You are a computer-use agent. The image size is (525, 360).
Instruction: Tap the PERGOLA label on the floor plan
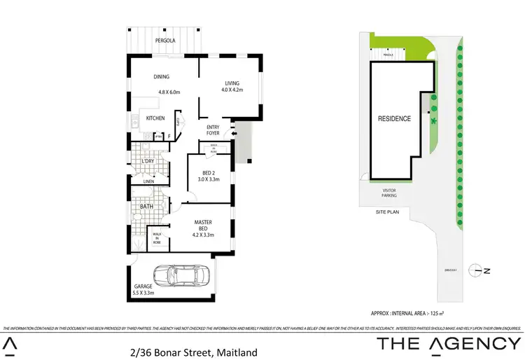coord(165,41)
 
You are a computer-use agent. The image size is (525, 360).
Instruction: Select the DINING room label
coord(162,77)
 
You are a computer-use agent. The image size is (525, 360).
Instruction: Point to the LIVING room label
coord(232,82)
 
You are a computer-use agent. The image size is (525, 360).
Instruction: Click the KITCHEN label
coord(155,118)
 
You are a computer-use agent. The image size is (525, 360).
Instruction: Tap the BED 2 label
coord(209,172)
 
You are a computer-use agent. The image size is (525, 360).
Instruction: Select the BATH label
coord(146,207)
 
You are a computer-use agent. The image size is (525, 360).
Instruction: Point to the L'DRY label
coord(148,162)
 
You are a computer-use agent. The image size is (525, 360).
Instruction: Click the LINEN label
coord(148,182)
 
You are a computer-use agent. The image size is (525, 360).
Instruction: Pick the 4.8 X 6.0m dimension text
coord(169,92)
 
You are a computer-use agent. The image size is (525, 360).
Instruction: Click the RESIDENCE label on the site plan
coord(394,118)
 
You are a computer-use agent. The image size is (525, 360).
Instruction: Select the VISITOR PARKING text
coord(389,193)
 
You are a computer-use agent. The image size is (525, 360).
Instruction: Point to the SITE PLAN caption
coord(386,211)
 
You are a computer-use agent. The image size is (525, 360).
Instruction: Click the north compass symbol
coord(479,269)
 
